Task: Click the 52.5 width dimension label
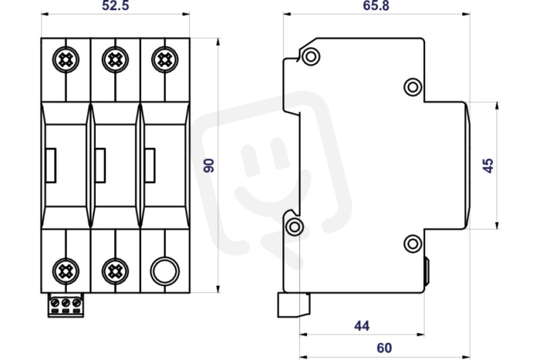point(115,5)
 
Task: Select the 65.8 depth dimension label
point(376,5)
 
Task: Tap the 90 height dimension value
point(209,165)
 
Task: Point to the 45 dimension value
point(488,165)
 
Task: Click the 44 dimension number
point(362,326)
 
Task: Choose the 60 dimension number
point(384,348)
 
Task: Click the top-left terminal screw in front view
point(65,59)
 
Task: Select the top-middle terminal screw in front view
point(115,59)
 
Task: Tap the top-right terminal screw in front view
point(165,59)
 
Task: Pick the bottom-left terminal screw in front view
point(65,272)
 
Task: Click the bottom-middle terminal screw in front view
point(115,272)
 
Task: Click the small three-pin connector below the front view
point(65,305)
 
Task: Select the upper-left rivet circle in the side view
point(310,56)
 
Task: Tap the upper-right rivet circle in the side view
point(412,87)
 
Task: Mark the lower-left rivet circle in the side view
point(295,227)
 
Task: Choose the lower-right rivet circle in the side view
point(412,244)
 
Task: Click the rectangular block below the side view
point(294,305)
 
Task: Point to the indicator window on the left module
point(51,165)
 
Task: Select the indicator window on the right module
point(150,165)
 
